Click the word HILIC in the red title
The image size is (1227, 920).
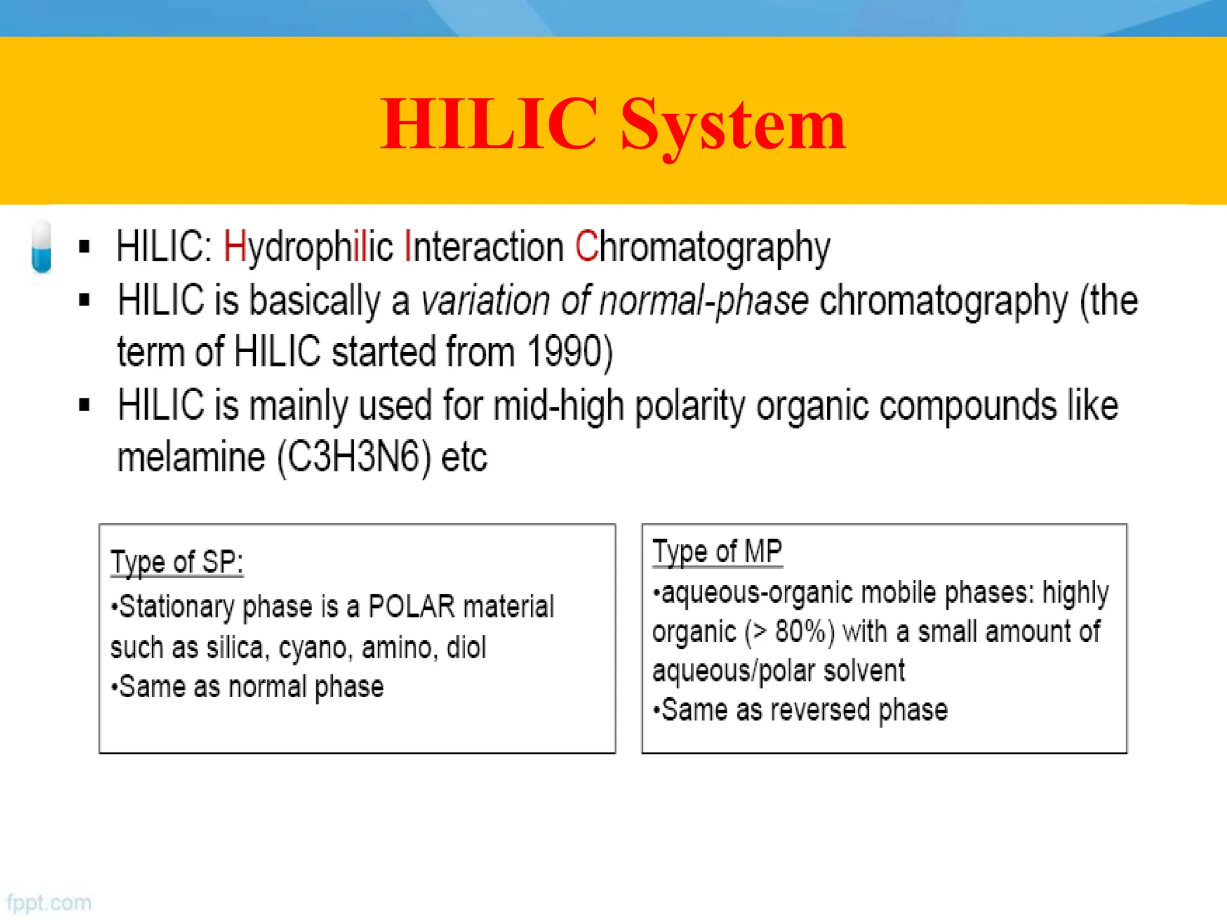(489, 124)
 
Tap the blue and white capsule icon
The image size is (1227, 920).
(41, 247)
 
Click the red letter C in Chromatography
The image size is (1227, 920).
(586, 246)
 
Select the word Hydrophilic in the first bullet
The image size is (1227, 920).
(308, 247)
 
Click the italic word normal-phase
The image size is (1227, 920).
(703, 301)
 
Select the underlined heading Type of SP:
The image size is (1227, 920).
(177, 562)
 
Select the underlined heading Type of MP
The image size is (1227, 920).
(717, 552)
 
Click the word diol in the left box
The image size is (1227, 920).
(466, 647)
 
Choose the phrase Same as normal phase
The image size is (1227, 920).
(250, 687)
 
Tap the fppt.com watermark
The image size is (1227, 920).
(49, 903)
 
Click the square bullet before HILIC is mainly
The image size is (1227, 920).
(84, 405)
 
